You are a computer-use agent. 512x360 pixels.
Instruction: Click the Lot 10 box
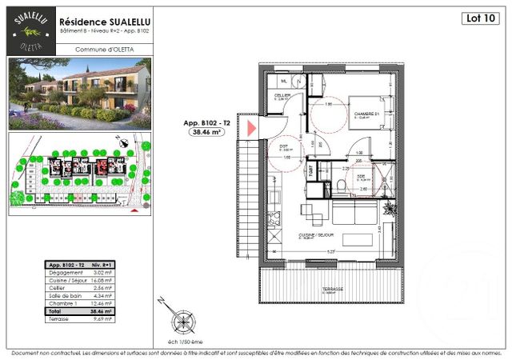pos(478,18)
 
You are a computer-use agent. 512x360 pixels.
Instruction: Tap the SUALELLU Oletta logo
pos(31,30)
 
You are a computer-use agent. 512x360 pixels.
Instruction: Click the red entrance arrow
pos(250,127)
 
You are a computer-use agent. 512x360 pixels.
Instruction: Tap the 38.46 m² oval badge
pos(206,134)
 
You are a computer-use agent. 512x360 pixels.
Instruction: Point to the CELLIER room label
pos(282,95)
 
